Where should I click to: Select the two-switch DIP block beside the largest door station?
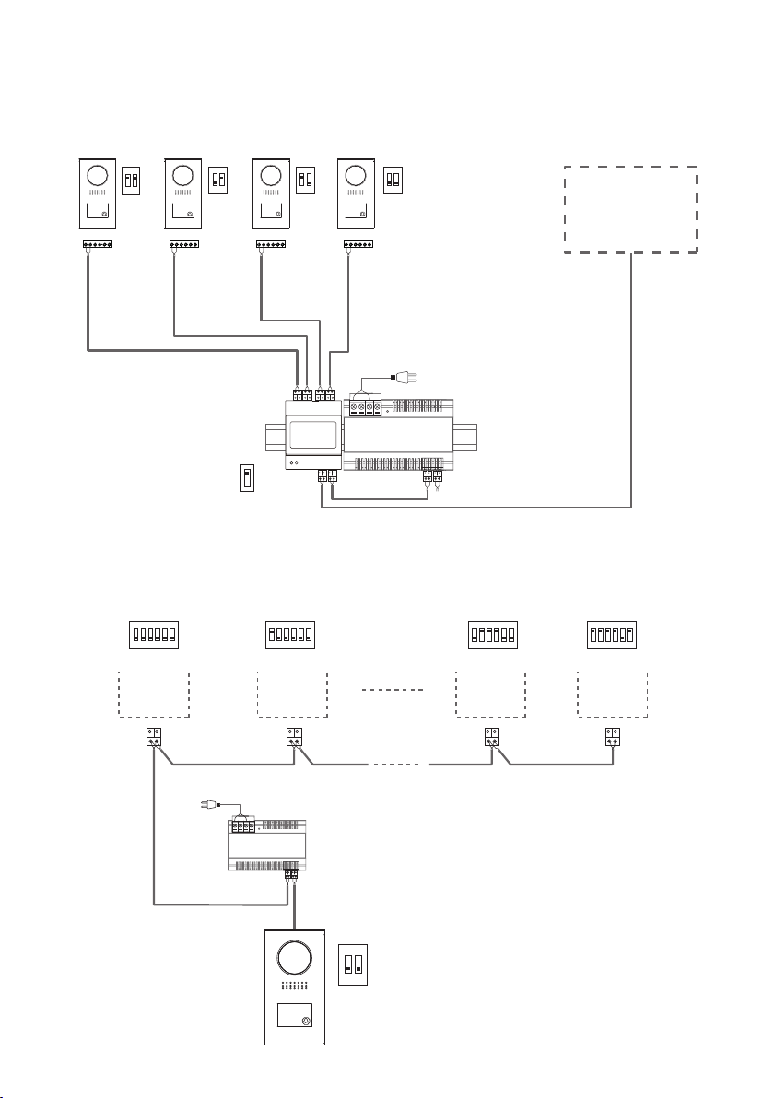[351, 964]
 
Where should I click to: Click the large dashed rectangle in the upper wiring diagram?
[630, 210]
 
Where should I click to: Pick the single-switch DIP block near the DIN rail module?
[246, 479]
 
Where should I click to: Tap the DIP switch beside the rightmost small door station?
[393, 178]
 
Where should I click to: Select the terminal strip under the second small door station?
[184, 246]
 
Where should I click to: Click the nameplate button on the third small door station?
[270, 211]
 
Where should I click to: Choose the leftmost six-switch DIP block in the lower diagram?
[153, 635]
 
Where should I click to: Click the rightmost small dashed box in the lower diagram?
[612, 695]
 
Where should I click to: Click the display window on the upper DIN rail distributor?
[312, 434]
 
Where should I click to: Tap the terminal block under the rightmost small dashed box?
[612, 739]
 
